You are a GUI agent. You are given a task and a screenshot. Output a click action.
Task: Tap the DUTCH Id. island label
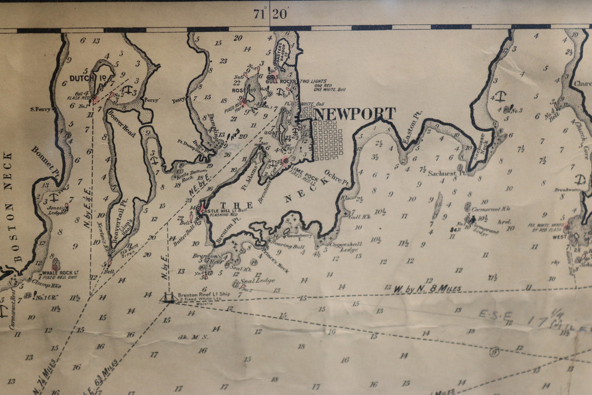point(81,78)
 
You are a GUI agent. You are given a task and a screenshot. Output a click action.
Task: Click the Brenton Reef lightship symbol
point(168,297)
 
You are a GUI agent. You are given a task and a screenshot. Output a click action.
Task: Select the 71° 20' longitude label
point(270,14)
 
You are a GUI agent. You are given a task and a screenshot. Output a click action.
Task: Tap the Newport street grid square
point(327,141)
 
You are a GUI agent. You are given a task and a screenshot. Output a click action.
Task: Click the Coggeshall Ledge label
point(346,247)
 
